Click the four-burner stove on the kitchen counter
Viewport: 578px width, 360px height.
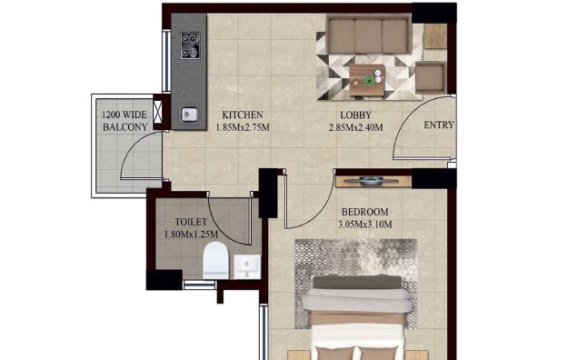click(192, 45)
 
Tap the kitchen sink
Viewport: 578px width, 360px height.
click(191, 115)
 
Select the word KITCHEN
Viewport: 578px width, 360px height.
click(243, 115)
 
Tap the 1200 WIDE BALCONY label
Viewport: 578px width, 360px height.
click(125, 122)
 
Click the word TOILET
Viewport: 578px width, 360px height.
click(191, 221)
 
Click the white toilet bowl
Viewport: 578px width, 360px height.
click(214, 260)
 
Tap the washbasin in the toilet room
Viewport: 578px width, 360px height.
click(246, 266)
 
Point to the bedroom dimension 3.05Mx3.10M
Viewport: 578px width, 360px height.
click(364, 225)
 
